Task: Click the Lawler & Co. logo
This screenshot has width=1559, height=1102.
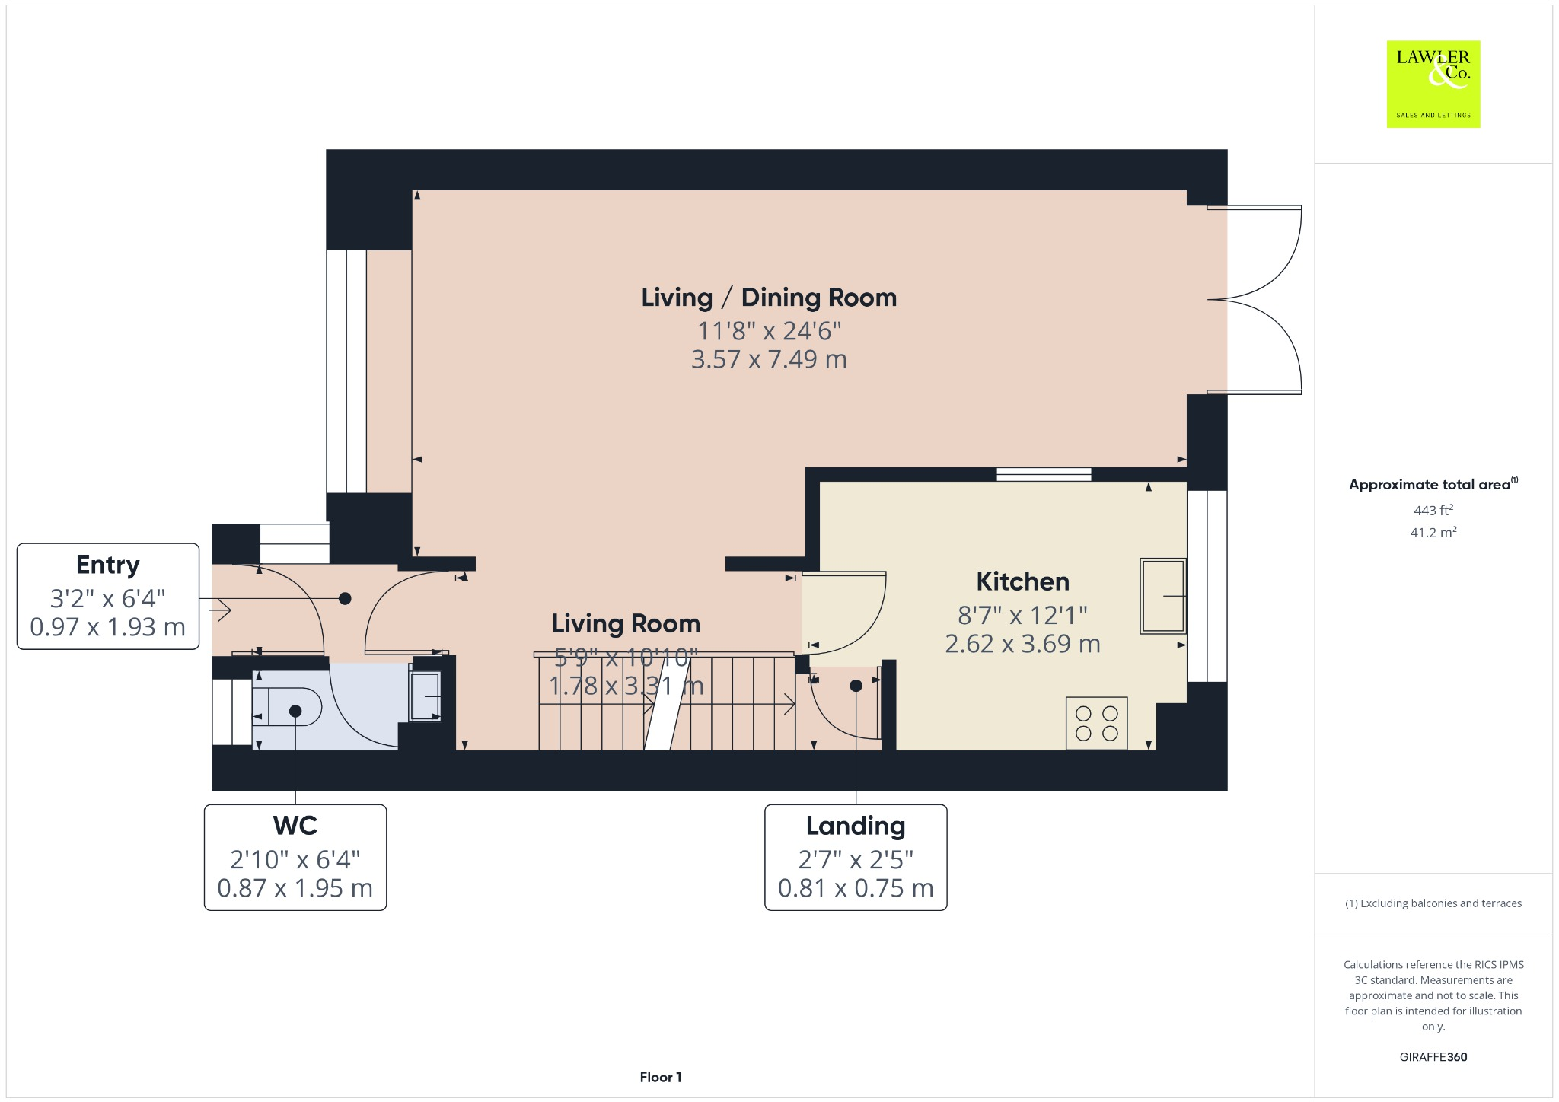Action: tap(1433, 84)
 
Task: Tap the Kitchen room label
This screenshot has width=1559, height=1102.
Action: tap(1022, 581)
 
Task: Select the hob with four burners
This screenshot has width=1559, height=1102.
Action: tap(1096, 723)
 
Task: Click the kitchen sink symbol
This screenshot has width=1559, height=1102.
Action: tap(1162, 596)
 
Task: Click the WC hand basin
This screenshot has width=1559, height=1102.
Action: tap(426, 696)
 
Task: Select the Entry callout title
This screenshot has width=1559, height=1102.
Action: tap(108, 565)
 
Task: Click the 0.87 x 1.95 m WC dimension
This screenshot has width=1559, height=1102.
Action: tap(295, 888)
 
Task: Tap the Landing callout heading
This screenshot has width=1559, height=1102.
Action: tap(856, 826)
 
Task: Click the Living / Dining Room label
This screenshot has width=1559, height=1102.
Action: tap(769, 298)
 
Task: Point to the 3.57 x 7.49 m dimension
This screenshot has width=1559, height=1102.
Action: tap(769, 359)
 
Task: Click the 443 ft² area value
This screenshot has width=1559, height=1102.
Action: tap(1433, 510)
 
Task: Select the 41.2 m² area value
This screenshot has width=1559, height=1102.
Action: tap(1433, 532)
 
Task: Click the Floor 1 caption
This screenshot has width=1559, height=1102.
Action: tap(660, 1077)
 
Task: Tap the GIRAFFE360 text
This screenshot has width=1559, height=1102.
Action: tap(1433, 1056)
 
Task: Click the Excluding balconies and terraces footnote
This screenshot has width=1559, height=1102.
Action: tap(1433, 903)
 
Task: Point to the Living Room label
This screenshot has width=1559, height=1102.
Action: tap(626, 624)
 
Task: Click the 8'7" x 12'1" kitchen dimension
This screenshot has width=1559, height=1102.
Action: tap(1022, 614)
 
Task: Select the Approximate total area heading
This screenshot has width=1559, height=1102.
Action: tap(1431, 485)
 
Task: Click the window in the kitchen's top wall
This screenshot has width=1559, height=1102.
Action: tap(1044, 474)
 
